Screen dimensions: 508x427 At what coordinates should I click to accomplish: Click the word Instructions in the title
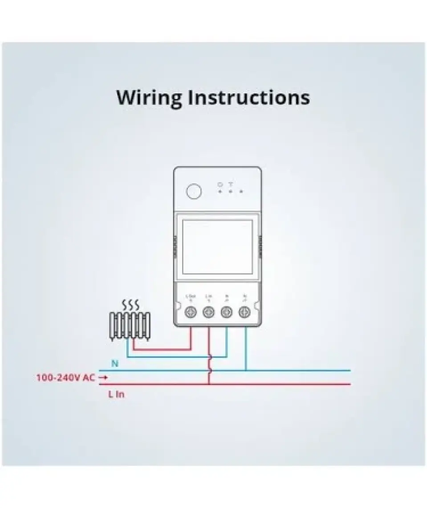pos(248,98)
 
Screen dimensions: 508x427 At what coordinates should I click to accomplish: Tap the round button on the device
pos(194,191)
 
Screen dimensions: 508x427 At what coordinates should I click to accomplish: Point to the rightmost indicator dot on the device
pos(241,192)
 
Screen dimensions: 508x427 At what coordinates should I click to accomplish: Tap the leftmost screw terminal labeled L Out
pos(191,312)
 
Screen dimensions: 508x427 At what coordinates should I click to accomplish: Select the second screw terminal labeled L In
pos(208,312)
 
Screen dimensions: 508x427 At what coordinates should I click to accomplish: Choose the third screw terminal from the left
pos(226,312)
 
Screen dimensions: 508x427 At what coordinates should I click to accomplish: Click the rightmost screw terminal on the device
pos(244,312)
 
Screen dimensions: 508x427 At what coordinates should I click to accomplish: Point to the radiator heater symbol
pos(130,326)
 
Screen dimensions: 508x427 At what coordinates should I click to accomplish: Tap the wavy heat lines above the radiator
pos(130,305)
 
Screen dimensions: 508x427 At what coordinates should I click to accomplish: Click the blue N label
pos(115,364)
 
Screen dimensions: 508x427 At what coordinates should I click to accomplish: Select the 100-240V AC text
pos(65,378)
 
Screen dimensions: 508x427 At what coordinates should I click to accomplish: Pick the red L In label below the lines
pos(116,394)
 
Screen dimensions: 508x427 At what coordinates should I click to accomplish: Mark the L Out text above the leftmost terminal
pos(191,297)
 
